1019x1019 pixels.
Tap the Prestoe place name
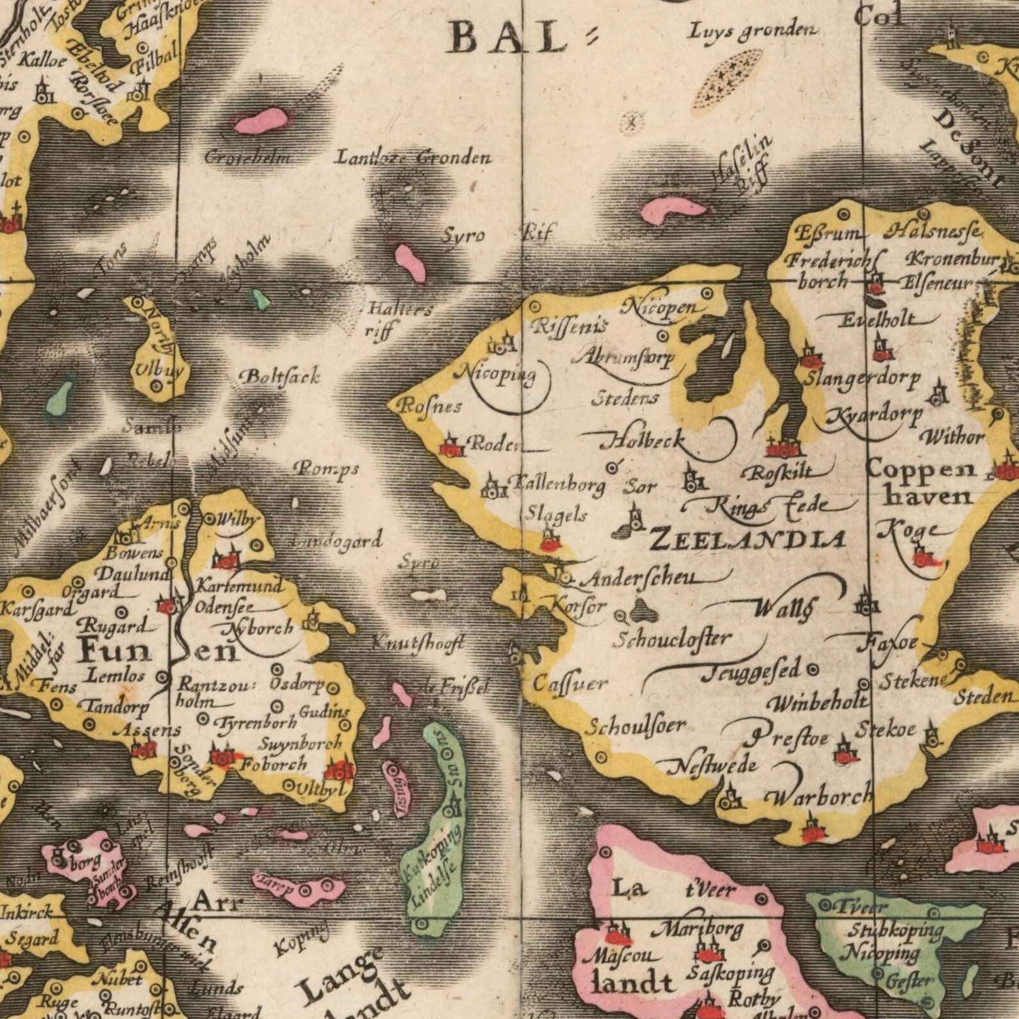(x=790, y=736)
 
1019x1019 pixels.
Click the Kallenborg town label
(x=558, y=485)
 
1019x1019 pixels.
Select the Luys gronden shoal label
(x=753, y=30)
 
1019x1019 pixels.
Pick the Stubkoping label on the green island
(x=896, y=930)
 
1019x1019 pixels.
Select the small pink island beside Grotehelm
(x=261, y=121)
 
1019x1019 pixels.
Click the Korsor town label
(x=579, y=605)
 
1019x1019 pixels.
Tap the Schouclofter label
(x=672, y=639)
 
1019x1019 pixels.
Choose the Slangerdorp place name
(x=862, y=378)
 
